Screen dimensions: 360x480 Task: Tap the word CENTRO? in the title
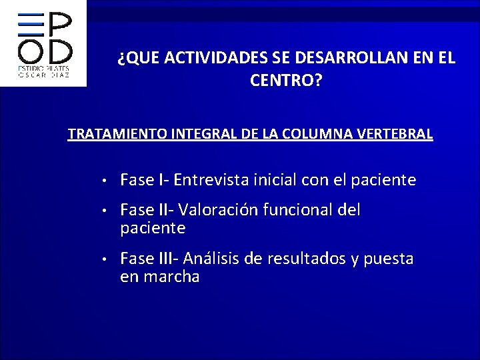tap(286, 81)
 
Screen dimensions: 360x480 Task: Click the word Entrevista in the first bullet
tap(211, 180)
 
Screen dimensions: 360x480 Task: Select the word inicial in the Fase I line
tap(275, 180)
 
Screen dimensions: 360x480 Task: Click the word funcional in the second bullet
tap(300, 211)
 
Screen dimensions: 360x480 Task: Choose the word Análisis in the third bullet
tap(213, 259)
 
